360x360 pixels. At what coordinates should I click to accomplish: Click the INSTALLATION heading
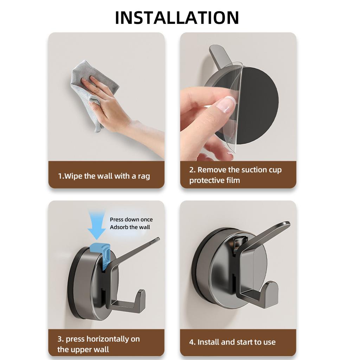click(x=177, y=18)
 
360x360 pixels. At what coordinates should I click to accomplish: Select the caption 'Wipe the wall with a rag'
click(x=104, y=176)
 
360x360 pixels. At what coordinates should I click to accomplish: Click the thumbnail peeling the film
click(x=225, y=104)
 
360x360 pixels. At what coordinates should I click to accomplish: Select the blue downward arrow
click(x=97, y=227)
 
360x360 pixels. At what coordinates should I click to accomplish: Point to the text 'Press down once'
click(x=131, y=220)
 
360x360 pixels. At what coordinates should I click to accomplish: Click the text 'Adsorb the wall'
click(x=130, y=227)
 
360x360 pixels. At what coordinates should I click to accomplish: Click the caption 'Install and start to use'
click(x=232, y=342)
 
